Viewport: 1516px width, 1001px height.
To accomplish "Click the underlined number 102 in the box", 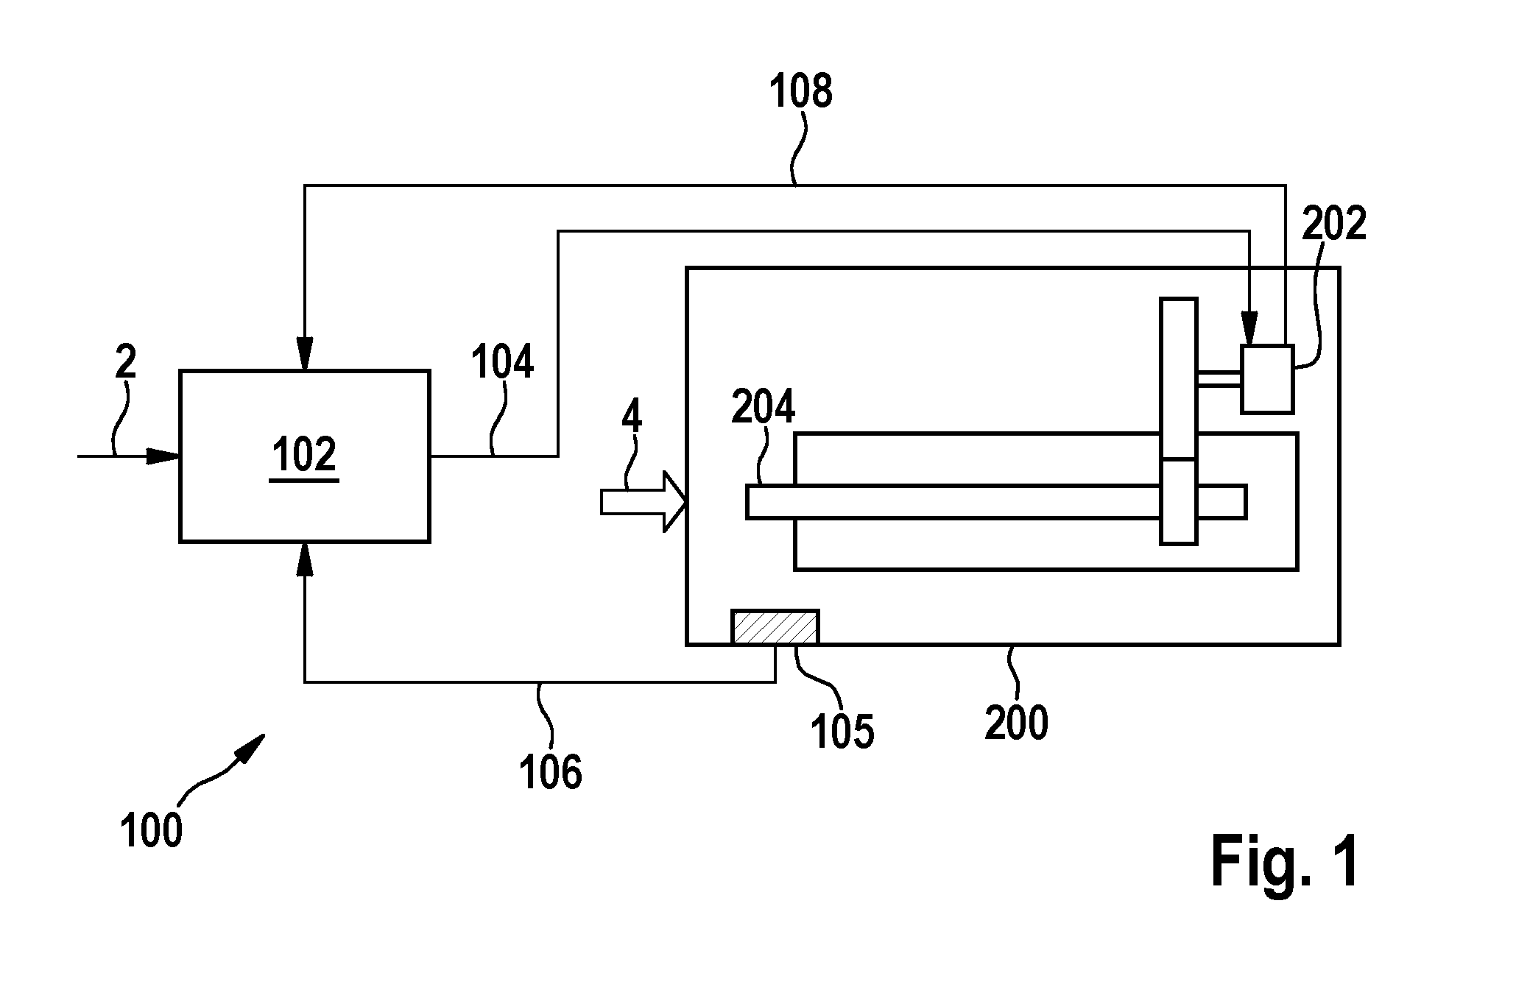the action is coord(304,455).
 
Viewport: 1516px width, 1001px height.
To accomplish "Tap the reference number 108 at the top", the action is coord(800,92).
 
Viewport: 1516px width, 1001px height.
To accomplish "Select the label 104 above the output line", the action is coord(503,363).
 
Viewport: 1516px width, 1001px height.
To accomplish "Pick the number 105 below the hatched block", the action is coord(842,732).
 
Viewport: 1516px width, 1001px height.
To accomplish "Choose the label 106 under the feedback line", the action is coord(551,773).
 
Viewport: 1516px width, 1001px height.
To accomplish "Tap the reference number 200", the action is coord(1017,723).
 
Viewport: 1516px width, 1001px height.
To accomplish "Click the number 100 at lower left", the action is coord(151,831).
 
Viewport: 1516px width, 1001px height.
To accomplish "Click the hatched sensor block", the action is coord(775,627).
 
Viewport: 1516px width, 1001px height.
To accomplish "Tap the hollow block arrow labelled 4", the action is coord(644,502).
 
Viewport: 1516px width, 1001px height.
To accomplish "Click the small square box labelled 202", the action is coord(1267,379).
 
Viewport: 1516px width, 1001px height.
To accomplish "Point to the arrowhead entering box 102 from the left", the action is coord(163,456).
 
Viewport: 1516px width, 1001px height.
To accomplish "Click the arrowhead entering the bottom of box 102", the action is coord(305,559).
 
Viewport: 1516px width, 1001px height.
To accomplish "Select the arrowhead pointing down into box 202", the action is coord(1249,328).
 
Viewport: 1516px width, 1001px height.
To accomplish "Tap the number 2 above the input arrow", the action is coord(126,363).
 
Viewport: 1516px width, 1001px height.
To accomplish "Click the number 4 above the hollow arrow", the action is coord(632,416).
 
